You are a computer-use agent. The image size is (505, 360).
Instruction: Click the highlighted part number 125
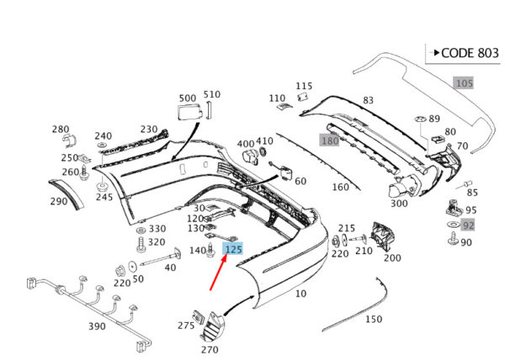233,249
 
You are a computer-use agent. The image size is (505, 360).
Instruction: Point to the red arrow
219,272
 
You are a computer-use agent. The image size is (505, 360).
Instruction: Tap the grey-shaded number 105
464,83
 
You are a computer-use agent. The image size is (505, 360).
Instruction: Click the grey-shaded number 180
330,140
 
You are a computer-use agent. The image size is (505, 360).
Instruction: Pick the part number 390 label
97,326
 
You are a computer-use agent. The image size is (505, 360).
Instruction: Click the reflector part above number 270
212,326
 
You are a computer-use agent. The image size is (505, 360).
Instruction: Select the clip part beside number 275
199,317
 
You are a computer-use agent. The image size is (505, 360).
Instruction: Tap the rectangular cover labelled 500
190,112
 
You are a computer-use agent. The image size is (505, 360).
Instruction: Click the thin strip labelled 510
209,110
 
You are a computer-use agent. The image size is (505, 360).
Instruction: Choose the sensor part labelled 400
250,156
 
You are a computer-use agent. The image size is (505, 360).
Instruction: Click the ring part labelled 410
263,151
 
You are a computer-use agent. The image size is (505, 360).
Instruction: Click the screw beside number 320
141,245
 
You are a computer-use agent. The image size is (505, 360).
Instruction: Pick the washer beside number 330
141,230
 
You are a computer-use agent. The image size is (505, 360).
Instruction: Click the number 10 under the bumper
300,294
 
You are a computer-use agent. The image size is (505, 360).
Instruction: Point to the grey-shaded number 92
468,225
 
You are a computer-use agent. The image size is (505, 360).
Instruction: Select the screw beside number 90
453,240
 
